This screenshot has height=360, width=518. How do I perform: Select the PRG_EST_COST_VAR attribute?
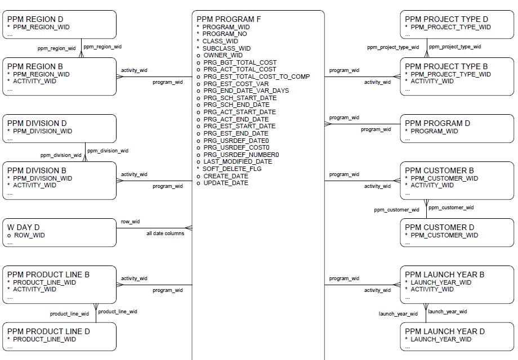click(236, 84)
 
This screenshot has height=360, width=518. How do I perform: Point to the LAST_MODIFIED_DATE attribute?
click(237, 161)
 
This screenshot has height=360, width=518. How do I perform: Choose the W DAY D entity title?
click(24, 227)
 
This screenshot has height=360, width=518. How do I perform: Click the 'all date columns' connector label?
click(165, 233)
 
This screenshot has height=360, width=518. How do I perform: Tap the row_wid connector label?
click(130, 222)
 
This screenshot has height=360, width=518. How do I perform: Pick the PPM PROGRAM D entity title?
click(437, 123)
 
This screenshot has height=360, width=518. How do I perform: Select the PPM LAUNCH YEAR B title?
click(444, 274)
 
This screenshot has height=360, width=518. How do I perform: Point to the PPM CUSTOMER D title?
click(439, 227)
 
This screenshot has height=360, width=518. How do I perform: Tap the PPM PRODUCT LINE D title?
click(48, 331)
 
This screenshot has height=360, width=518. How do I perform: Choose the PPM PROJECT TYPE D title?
click(446, 19)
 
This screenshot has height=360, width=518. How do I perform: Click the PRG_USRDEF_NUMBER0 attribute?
click(241, 155)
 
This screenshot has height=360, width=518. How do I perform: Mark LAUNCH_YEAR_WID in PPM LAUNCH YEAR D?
click(441, 339)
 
